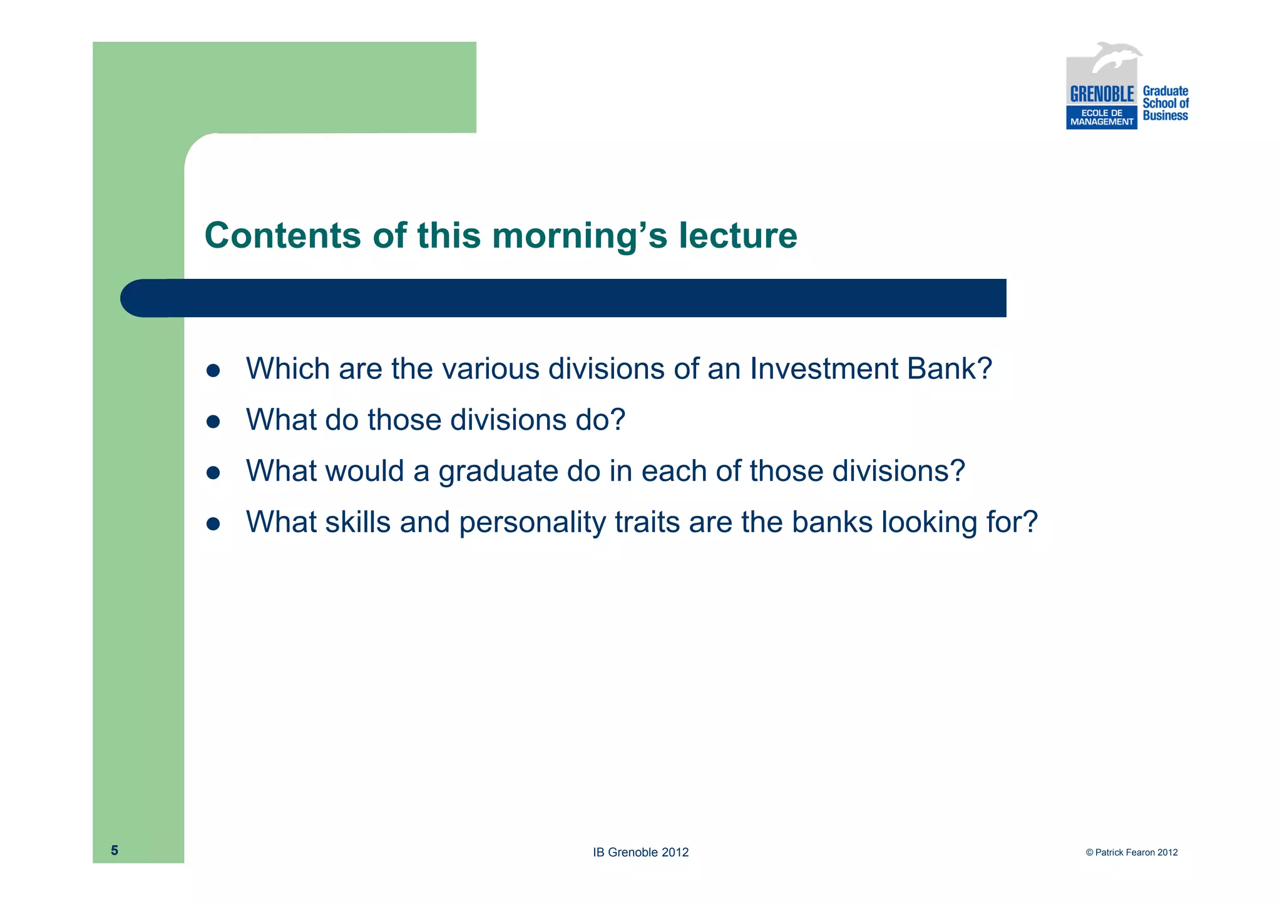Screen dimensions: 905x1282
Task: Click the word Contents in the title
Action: pos(282,236)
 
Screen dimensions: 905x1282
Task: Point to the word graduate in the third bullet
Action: pos(498,472)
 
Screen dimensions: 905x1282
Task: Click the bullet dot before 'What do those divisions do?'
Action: pos(213,422)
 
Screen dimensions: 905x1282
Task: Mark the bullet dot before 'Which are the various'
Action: pos(213,370)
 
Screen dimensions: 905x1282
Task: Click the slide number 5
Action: pos(115,850)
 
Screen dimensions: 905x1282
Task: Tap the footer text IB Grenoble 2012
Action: pos(640,852)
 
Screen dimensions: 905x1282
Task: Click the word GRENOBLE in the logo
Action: pos(1102,94)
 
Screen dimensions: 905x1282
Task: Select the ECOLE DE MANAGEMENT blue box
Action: pos(1101,118)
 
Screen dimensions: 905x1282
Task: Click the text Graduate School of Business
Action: pos(1165,103)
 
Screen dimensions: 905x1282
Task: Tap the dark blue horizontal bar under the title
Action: pos(563,298)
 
